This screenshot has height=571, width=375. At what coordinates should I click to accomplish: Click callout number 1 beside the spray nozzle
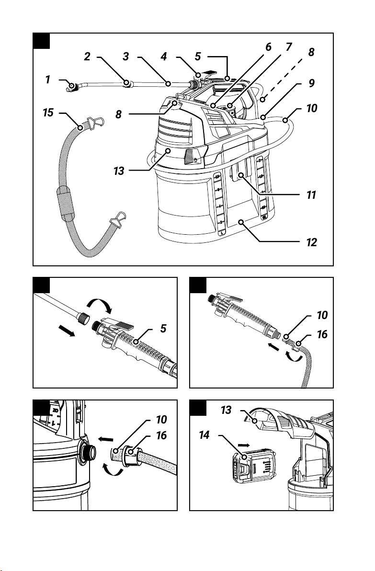click(x=48, y=80)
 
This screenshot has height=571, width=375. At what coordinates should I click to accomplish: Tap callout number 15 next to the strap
click(x=48, y=113)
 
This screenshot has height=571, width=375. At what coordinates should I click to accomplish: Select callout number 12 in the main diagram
click(x=312, y=242)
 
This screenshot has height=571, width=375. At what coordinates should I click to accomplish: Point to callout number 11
click(x=311, y=195)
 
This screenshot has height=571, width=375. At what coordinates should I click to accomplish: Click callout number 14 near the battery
click(x=205, y=434)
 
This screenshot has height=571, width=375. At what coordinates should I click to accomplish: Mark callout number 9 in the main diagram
click(x=312, y=83)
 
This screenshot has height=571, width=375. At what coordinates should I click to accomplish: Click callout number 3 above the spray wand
click(x=125, y=57)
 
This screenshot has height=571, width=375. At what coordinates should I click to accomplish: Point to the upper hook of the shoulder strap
click(x=95, y=123)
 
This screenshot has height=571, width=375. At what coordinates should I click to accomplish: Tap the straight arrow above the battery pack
click(x=244, y=445)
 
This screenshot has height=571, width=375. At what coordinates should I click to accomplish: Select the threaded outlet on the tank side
click(x=88, y=452)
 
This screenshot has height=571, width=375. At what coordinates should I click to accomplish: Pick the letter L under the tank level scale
click(x=220, y=231)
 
